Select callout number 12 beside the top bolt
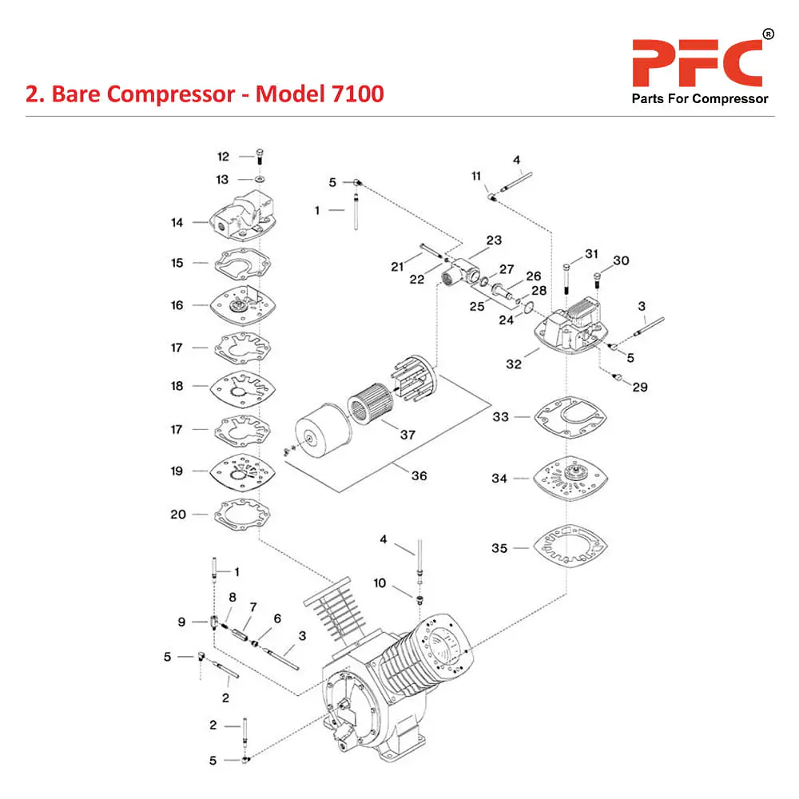pyautogui.click(x=223, y=157)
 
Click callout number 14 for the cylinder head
pyautogui.click(x=177, y=222)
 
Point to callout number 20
pyautogui.click(x=177, y=515)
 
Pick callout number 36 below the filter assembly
pyautogui.click(x=419, y=476)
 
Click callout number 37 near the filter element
pyautogui.click(x=407, y=435)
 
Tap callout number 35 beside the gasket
pyautogui.click(x=499, y=549)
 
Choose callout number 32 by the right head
pyautogui.click(x=514, y=364)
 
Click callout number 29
pyautogui.click(x=640, y=388)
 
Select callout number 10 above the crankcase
pyautogui.click(x=380, y=583)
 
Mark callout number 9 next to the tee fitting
pyautogui.click(x=181, y=622)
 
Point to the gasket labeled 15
pyautogui.click(x=239, y=263)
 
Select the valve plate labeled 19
pyautogui.click(x=239, y=472)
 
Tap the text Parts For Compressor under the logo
pyautogui.click(x=700, y=99)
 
